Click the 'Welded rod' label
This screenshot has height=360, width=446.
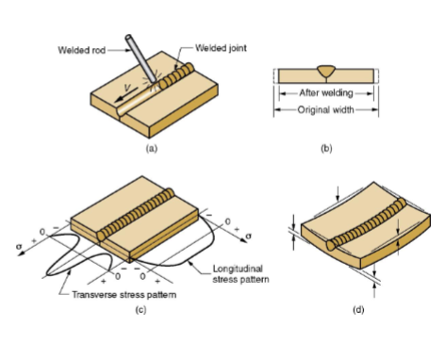click(82, 50)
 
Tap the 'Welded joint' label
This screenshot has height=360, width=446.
click(221, 48)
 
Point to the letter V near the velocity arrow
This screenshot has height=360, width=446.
click(127, 88)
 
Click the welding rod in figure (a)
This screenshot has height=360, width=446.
click(141, 58)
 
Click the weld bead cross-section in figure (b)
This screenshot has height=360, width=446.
click(326, 72)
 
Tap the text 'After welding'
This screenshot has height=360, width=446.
click(326, 93)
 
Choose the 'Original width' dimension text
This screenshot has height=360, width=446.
click(325, 110)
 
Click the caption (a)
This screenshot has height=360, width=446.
click(152, 148)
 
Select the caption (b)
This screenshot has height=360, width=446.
click(326, 148)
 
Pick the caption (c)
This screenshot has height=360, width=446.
click(140, 310)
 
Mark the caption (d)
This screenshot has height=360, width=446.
click(358, 310)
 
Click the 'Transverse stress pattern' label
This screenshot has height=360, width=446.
click(124, 295)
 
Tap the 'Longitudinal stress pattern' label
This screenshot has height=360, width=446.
click(240, 274)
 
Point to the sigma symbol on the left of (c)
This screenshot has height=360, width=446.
click(20, 247)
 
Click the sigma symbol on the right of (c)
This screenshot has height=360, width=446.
click(249, 236)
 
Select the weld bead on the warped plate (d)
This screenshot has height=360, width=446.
click(366, 224)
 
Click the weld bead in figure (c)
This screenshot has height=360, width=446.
click(135, 215)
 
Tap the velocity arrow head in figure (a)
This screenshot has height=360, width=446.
click(119, 99)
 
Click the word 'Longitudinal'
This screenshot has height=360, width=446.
click(238, 270)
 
